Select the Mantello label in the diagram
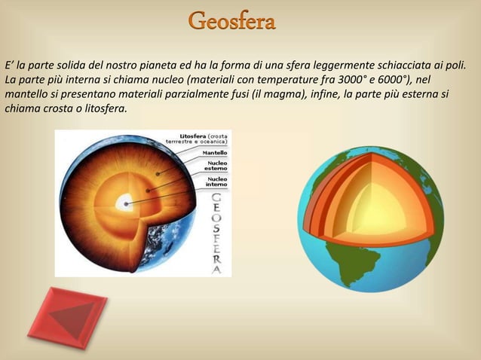(213, 153)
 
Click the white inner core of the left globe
(123, 203)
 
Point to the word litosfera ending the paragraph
(105, 108)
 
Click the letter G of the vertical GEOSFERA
(217, 198)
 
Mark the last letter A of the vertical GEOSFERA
(217, 269)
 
